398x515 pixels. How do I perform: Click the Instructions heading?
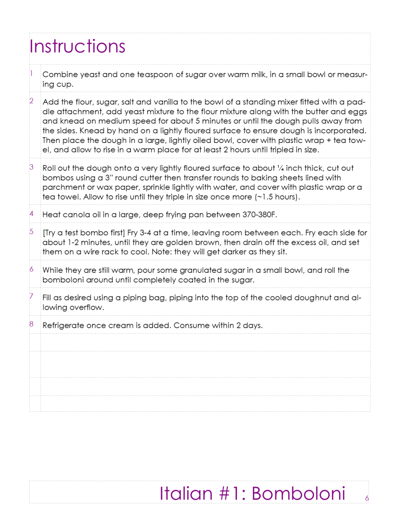tap(77, 46)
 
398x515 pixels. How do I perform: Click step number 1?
tap(31, 73)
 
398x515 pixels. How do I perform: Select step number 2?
tap(31, 101)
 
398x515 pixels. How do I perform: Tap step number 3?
tap(31, 167)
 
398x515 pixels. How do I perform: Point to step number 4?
tap(31, 213)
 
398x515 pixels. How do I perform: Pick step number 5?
tap(31, 232)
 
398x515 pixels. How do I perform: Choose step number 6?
tap(31, 269)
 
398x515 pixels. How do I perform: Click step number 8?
tap(31, 324)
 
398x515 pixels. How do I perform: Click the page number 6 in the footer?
tap(367, 498)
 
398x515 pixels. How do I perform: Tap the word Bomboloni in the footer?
tap(298, 493)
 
